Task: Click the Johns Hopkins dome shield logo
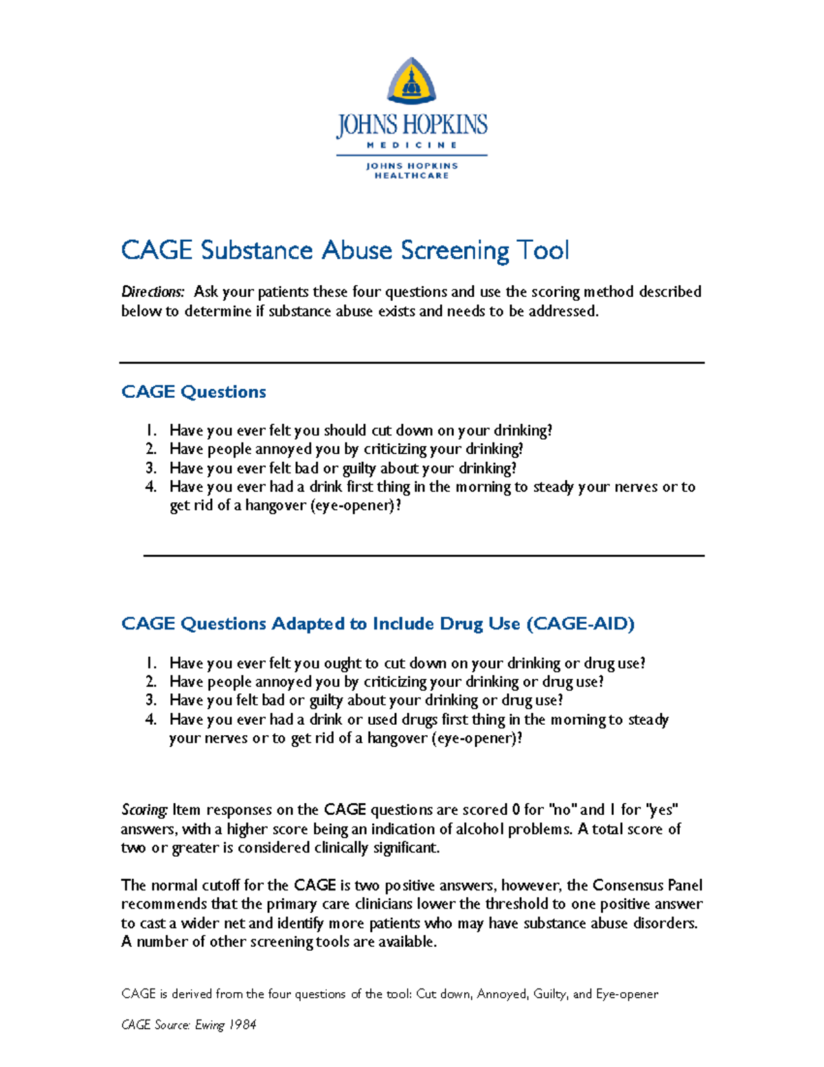point(411,81)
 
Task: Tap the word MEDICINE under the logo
point(411,145)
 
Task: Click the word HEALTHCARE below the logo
point(411,176)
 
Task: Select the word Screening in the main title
point(455,251)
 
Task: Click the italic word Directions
point(152,292)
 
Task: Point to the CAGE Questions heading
point(194,392)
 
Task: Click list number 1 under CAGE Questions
point(150,431)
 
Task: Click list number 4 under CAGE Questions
point(151,487)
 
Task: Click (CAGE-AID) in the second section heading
point(580,624)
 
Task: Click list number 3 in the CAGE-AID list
point(151,701)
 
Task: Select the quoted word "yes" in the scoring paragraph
point(661,810)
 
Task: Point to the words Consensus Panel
point(647,886)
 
